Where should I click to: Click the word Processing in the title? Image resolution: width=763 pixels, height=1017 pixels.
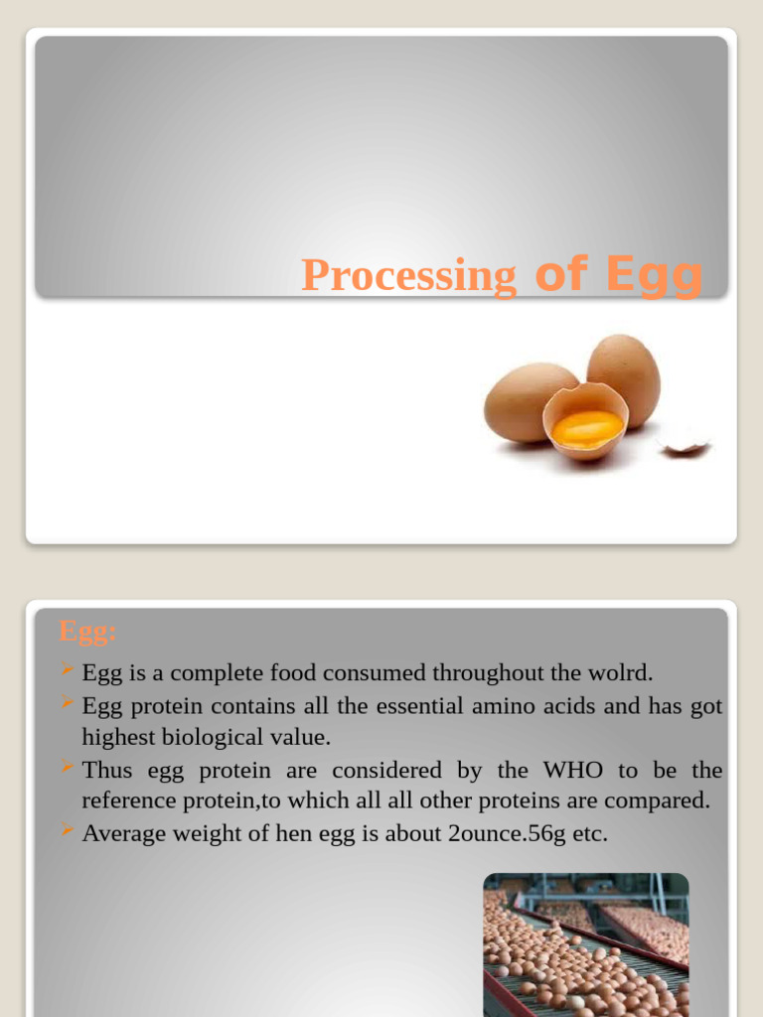pos(408,275)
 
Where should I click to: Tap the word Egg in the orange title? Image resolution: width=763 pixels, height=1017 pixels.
pos(654,273)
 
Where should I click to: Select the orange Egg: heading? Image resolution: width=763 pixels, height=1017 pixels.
pos(87,631)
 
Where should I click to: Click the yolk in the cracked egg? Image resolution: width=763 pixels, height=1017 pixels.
pos(587,428)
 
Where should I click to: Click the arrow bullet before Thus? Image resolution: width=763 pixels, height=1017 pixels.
pos(67,768)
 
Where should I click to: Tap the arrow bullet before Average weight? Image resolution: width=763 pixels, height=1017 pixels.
pos(67,831)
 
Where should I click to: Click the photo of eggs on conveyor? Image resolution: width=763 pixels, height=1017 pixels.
pos(585,944)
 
